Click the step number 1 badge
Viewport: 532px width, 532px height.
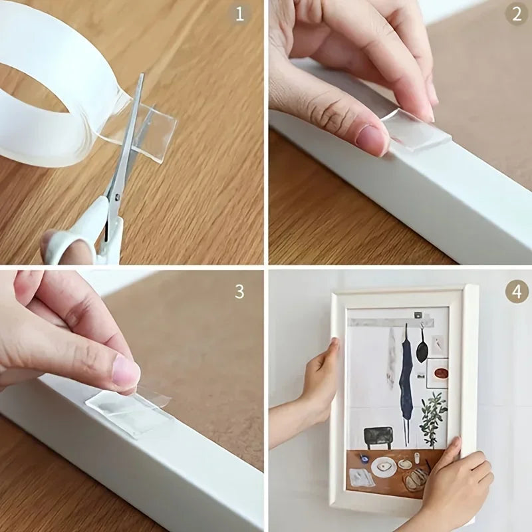[240, 14]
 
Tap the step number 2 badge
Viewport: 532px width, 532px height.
[517, 14]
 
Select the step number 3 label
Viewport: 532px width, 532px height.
[239, 291]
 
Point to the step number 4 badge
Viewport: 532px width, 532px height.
[517, 291]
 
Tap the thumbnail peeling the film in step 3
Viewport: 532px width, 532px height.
[126, 372]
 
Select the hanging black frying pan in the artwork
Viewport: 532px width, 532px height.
[422, 349]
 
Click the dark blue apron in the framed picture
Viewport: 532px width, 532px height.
[406, 372]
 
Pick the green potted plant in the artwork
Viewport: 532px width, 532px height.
[433, 416]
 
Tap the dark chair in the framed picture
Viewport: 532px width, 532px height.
[376, 436]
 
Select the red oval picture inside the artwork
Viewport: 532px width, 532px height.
[436, 373]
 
